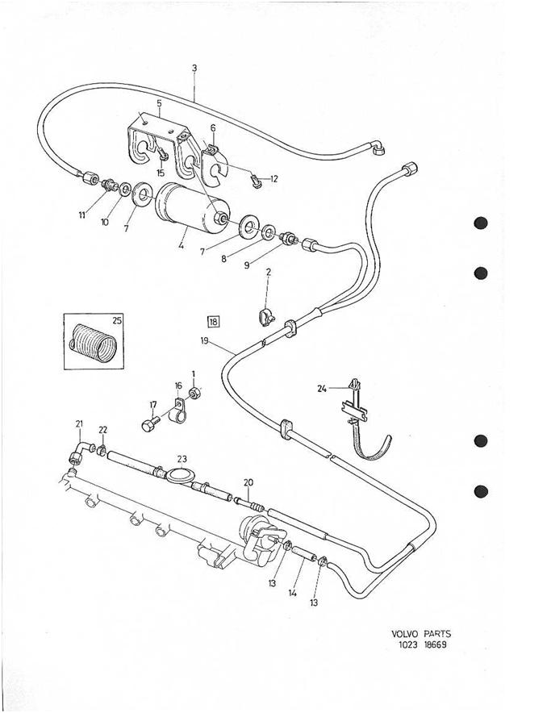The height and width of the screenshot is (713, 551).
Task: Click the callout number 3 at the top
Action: point(194,69)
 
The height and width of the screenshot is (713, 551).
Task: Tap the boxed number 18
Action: point(214,322)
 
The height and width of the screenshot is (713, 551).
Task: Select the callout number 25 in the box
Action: point(117,321)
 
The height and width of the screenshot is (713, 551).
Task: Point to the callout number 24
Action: point(322,389)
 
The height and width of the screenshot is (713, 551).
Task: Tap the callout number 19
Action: point(207,341)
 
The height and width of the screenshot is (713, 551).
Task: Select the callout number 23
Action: point(182,457)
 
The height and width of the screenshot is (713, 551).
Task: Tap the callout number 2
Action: point(268,273)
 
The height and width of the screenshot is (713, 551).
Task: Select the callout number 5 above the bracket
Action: point(159,103)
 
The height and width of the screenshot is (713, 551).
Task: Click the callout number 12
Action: point(273,178)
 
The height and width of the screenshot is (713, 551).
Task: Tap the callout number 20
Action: point(248,482)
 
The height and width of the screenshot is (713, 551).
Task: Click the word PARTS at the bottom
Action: point(440,633)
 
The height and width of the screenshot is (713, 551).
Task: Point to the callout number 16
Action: point(177,387)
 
